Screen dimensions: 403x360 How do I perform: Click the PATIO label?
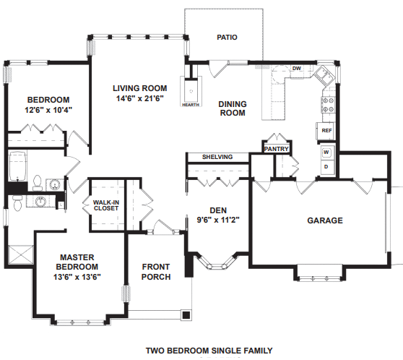pyautogui.click(x=227, y=38)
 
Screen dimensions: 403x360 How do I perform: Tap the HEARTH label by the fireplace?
pyautogui.click(x=191, y=105)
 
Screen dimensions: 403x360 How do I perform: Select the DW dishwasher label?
pyautogui.click(x=297, y=69)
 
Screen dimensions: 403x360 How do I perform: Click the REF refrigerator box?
pyautogui.click(x=326, y=131)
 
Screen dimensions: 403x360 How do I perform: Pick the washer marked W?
pyautogui.click(x=327, y=152)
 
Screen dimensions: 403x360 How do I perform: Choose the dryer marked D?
pyautogui.click(x=327, y=166)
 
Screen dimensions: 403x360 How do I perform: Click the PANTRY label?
pyautogui.click(x=277, y=149)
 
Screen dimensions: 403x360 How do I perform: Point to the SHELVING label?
pyautogui.click(x=217, y=157)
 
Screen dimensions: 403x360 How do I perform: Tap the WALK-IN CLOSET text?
pyautogui.click(x=106, y=205)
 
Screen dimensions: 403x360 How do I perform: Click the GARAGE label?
pyautogui.click(x=325, y=220)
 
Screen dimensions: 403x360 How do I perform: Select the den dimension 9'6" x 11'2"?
pyautogui.click(x=218, y=220)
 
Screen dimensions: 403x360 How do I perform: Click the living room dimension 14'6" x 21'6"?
pyautogui.click(x=140, y=98)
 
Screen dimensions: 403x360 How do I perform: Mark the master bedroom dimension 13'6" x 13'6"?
pyautogui.click(x=77, y=277)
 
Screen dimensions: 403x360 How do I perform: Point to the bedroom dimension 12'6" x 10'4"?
pyautogui.click(x=48, y=110)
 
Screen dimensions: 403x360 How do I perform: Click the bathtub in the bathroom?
pyautogui.click(x=18, y=166)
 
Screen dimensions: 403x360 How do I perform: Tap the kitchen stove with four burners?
pyautogui.click(x=328, y=105)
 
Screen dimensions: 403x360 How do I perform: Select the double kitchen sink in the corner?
pyautogui.click(x=324, y=75)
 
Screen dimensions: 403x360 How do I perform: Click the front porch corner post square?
pyautogui.click(x=186, y=314)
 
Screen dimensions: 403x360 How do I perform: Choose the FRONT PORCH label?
pyautogui.click(x=156, y=272)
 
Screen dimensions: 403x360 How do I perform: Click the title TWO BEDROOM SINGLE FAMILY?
pyautogui.click(x=209, y=351)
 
